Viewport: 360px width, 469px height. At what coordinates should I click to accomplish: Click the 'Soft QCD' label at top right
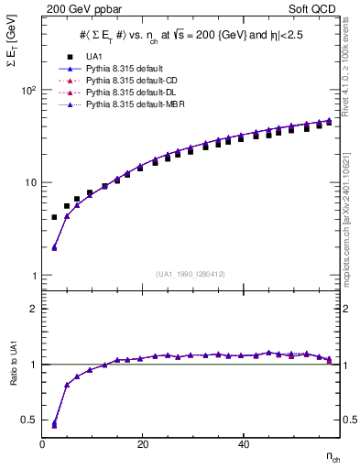[312, 7]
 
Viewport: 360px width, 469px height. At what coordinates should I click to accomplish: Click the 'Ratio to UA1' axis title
[12, 382]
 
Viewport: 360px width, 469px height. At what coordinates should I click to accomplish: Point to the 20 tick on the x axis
[142, 444]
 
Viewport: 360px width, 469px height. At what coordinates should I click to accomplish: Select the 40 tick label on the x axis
[242, 444]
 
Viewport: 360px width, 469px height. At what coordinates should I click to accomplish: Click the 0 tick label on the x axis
[43, 444]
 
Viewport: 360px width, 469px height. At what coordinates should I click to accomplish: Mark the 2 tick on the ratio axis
[33, 309]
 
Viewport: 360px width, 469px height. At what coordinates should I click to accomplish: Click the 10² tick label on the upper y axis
[27, 91]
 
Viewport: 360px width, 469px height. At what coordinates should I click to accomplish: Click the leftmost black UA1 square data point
[54, 218]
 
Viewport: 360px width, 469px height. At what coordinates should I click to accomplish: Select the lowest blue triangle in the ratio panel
[54, 424]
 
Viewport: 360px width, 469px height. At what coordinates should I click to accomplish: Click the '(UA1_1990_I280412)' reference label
[191, 275]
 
